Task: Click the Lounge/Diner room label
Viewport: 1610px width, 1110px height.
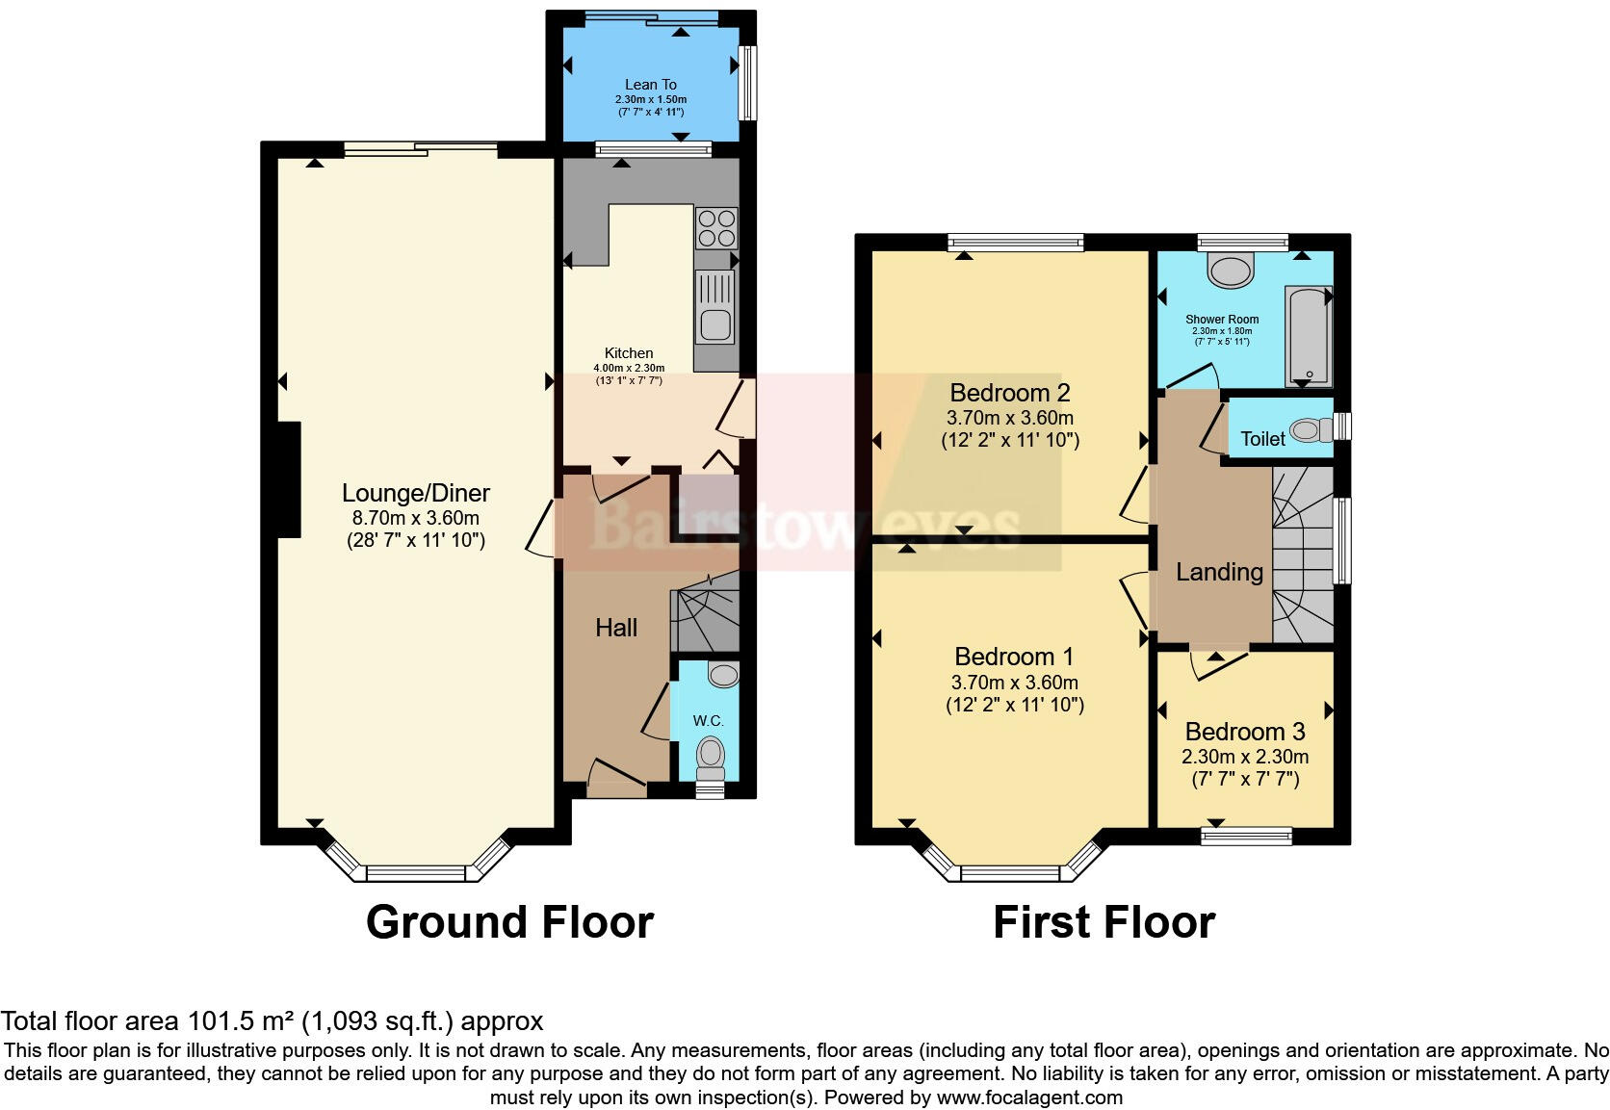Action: pos(415,493)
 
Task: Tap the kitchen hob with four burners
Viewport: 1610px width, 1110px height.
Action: pos(715,228)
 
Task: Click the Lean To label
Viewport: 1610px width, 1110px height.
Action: pos(650,85)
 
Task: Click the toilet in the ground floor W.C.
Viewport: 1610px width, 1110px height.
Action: pos(711,757)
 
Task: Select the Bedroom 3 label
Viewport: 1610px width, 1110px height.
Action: pos(1244,732)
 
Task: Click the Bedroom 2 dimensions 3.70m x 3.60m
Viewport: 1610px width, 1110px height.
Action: pos(1009,418)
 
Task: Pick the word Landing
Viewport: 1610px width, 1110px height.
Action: pos(1219,572)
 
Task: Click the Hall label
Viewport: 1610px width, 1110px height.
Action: pos(615,628)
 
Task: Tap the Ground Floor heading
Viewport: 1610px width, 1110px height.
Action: pos(509,922)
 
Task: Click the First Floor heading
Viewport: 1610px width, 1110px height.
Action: pos(1104,922)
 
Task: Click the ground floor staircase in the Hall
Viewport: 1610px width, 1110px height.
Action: pos(705,613)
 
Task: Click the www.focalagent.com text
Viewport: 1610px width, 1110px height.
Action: pos(1029,1097)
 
